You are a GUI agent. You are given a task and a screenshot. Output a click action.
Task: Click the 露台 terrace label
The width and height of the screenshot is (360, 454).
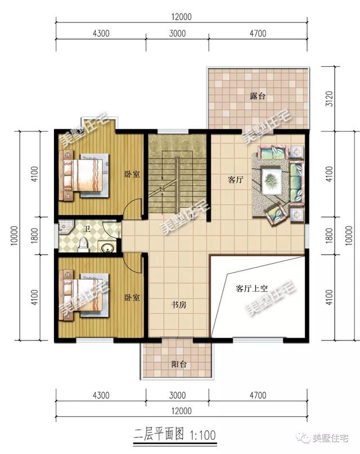point(258,96)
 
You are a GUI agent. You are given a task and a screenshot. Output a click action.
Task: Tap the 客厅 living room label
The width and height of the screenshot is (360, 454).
point(235,180)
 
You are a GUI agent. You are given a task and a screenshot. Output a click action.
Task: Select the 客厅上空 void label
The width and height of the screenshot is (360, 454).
point(251,289)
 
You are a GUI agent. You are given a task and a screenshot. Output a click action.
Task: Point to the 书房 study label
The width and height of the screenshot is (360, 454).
point(178,305)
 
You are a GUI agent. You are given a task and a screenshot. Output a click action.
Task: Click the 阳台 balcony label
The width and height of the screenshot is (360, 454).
point(178,364)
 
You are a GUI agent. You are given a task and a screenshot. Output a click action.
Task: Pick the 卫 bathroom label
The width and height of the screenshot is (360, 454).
point(87,229)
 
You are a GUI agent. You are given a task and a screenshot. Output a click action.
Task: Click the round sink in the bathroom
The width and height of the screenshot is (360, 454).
point(106,248)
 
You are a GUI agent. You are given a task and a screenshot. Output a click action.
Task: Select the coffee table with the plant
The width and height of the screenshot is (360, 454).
point(272,181)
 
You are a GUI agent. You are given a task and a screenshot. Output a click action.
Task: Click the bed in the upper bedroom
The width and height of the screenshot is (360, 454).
point(84,175)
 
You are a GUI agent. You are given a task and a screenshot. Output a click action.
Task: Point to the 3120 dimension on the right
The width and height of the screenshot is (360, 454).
point(330,99)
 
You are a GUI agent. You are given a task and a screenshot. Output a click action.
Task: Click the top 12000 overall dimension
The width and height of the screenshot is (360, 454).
point(181,17)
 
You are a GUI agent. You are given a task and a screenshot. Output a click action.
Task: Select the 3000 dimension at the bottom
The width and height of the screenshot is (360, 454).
point(177,395)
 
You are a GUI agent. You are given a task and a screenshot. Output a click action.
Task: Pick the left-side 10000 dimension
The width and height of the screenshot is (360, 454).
point(15,235)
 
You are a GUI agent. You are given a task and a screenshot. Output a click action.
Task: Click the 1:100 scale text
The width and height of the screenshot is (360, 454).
point(202,435)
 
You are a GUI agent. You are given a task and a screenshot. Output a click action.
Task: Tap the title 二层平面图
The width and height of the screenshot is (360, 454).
point(159,435)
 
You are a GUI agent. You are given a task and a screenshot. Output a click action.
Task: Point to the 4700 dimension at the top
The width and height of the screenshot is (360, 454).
point(258,33)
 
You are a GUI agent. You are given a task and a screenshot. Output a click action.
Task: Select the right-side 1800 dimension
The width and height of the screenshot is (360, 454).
point(330,235)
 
